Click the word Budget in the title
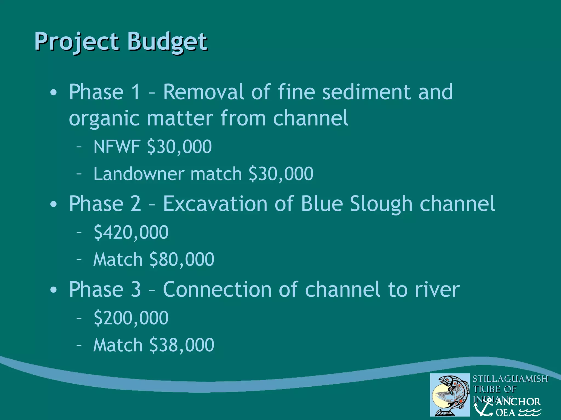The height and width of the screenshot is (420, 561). pos(167,42)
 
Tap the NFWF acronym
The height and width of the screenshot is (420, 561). pos(117,147)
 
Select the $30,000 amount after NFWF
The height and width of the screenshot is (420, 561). pos(179,147)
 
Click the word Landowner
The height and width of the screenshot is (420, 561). pos(139,174)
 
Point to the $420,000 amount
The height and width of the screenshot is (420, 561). pos(131,232)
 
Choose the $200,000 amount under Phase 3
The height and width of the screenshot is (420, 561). pos(131,318)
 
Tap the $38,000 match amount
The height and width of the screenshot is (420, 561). pos(182,345)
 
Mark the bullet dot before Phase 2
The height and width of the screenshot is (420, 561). pos(54,204)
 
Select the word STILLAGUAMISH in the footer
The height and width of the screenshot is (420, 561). pos(510,379)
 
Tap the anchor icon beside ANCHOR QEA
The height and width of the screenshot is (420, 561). pos(484,407)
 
